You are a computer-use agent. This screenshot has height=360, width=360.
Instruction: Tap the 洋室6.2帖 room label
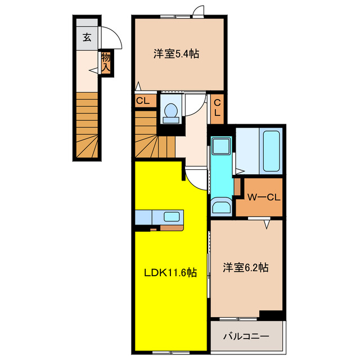(245, 267)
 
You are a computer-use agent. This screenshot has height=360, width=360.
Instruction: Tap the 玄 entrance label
(87, 38)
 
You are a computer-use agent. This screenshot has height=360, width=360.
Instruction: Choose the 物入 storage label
(106, 63)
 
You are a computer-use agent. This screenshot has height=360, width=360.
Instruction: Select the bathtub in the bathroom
(272, 151)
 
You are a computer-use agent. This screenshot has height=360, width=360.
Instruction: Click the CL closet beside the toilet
(142, 101)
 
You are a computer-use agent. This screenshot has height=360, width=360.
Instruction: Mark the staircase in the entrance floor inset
(88, 127)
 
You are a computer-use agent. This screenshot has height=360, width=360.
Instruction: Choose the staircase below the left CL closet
(155, 136)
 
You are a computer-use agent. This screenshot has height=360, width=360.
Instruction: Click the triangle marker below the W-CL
(268, 223)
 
